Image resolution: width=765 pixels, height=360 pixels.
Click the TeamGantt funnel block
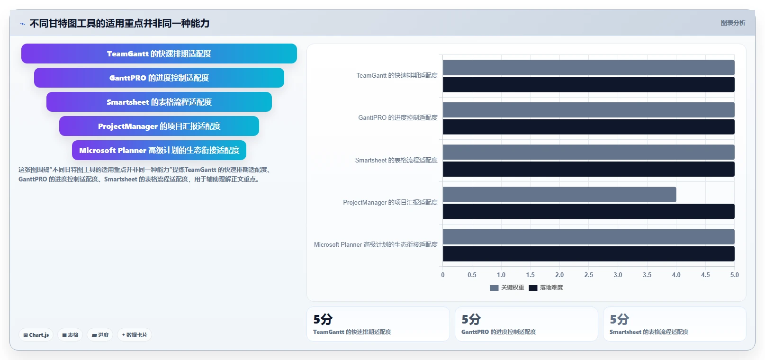159,54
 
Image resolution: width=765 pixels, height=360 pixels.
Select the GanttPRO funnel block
159,78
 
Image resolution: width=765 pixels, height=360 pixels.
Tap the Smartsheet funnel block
159,102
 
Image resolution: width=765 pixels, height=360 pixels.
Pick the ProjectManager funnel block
159,126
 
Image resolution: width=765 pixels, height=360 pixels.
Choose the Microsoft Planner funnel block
159,150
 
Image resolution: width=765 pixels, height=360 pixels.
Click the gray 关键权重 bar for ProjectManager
559,194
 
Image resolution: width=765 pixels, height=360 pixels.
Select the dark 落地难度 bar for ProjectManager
588,211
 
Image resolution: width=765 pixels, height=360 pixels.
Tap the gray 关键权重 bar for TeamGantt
588,68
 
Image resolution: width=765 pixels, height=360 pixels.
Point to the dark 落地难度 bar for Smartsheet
588,169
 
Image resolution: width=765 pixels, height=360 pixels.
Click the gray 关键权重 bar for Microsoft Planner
588,237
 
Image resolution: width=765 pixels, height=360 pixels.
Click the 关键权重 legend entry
507,288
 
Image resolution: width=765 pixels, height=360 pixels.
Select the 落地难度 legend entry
546,288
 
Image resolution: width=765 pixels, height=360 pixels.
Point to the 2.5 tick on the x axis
588,275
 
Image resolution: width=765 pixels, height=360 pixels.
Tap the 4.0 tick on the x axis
676,275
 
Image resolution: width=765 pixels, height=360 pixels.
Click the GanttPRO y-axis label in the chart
398,118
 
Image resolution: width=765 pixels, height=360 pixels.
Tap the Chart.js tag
36,335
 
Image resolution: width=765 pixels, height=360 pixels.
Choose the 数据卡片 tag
135,335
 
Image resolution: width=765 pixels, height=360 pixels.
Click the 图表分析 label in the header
733,23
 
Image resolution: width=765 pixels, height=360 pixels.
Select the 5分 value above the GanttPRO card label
471,319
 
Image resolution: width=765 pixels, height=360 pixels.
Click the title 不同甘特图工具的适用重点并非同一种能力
119,23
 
